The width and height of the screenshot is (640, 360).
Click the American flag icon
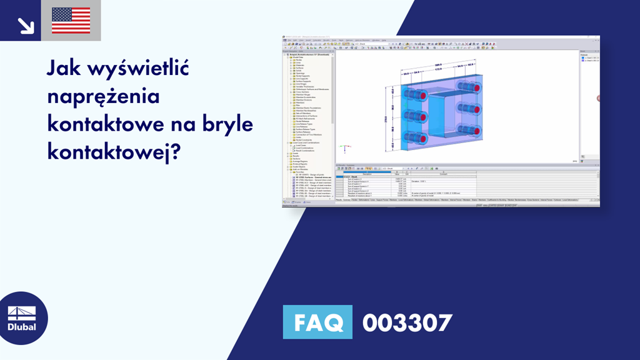click(x=71, y=20)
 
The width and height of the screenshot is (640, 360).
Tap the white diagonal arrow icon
click(x=26, y=24)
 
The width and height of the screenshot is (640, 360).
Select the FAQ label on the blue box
click(x=317, y=323)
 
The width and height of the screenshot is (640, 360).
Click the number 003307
click(x=407, y=323)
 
